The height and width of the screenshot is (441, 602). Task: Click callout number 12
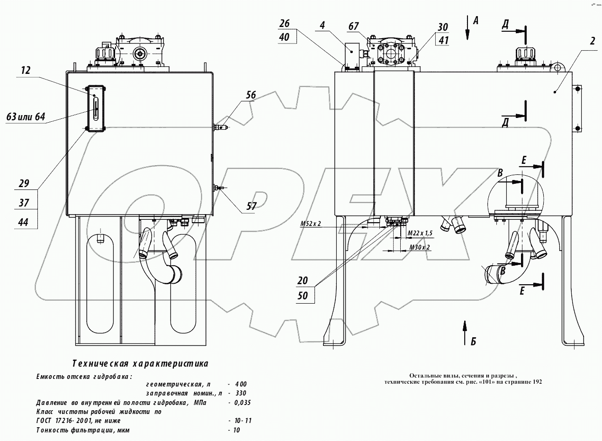[x=26, y=71]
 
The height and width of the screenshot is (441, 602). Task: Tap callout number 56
[x=251, y=95]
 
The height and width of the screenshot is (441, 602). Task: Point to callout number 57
[x=252, y=206]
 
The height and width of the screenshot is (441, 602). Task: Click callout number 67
[x=353, y=27]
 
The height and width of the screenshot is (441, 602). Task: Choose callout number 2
[x=592, y=41]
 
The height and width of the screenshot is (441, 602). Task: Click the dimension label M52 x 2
[x=311, y=224]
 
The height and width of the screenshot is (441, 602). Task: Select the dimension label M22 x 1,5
[x=420, y=234]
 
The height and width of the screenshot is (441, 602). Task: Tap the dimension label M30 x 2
[x=419, y=247]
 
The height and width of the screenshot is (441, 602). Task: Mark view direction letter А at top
[x=476, y=20]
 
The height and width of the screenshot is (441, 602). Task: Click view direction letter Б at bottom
[x=473, y=341]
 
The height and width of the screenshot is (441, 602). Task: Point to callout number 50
[x=303, y=296]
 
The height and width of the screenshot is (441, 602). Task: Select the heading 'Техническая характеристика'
[x=140, y=364]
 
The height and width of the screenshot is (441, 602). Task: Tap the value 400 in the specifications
[x=240, y=384]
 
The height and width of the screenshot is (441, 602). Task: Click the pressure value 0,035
[x=241, y=403]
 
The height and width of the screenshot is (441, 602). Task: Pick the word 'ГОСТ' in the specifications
[x=45, y=421]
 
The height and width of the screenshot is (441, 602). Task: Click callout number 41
[x=443, y=40]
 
